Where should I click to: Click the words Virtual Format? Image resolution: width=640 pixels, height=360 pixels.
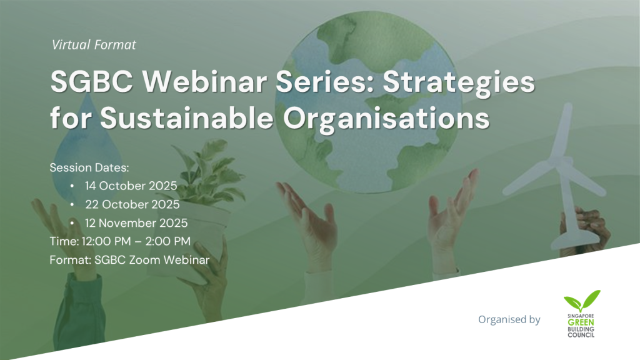coord(94,45)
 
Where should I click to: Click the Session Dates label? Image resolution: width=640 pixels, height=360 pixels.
coord(89,168)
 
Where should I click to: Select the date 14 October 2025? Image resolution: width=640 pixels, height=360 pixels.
coord(131,186)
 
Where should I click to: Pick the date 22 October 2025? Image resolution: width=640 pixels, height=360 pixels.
coord(132,204)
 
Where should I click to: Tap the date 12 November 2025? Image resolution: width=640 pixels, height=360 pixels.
coord(136,222)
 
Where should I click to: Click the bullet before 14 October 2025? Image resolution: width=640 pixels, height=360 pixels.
coord(72,187)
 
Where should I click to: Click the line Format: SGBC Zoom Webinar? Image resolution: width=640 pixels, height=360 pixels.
coord(129,259)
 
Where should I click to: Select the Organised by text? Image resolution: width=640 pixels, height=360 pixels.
coord(509,319)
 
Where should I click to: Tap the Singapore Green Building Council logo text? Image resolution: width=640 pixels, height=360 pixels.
coord(579,325)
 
